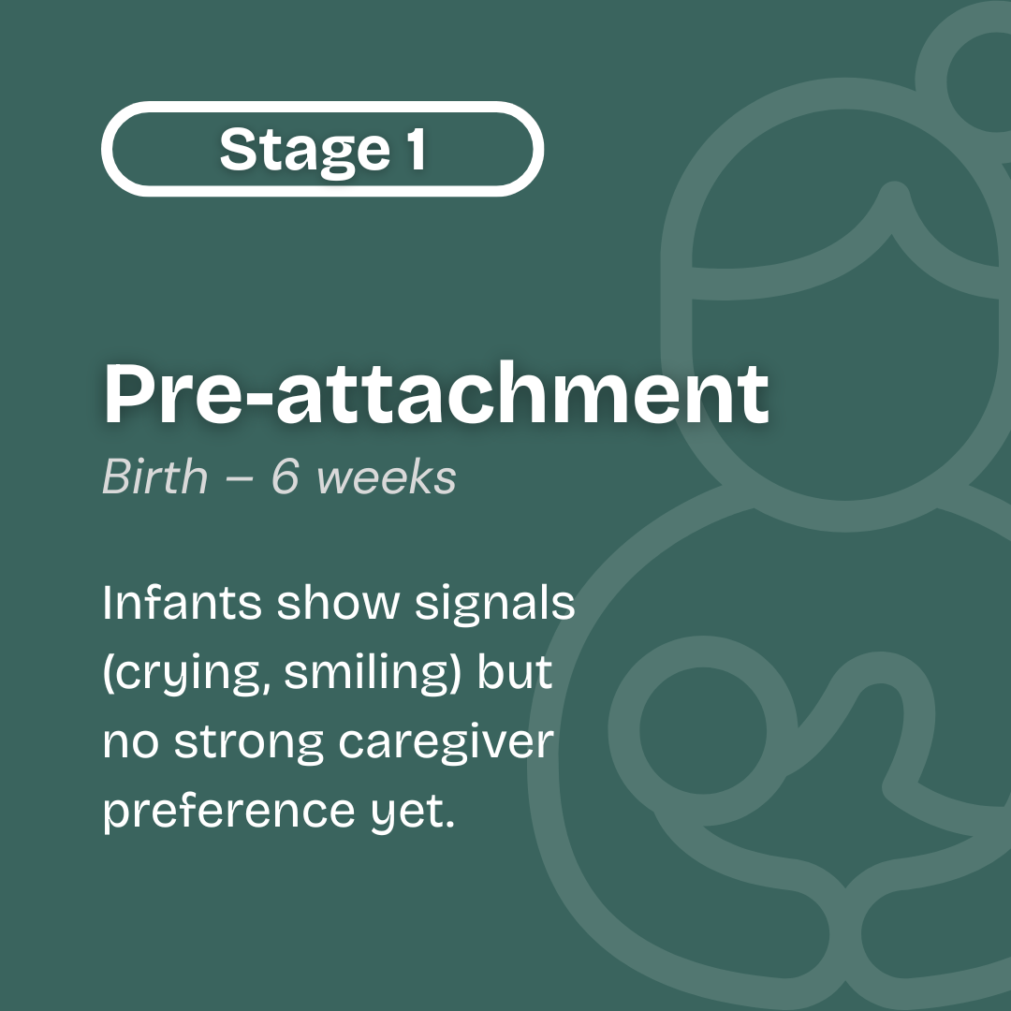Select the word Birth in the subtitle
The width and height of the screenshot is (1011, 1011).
pyautogui.click(x=154, y=476)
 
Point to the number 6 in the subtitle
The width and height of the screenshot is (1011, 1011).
pyautogui.click(x=286, y=476)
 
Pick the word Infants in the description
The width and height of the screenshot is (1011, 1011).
pyautogui.click(x=182, y=602)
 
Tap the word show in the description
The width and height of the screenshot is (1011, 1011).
pyautogui.click(x=338, y=602)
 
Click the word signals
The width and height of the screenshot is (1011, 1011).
pyautogui.click(x=494, y=604)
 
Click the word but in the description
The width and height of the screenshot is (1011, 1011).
pyautogui.click(x=515, y=670)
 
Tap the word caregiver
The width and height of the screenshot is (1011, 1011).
pyautogui.click(x=447, y=742)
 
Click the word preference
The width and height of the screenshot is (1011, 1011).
pyautogui.click(x=229, y=812)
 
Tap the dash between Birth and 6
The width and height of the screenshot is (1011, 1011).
pyautogui.click(x=240, y=479)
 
